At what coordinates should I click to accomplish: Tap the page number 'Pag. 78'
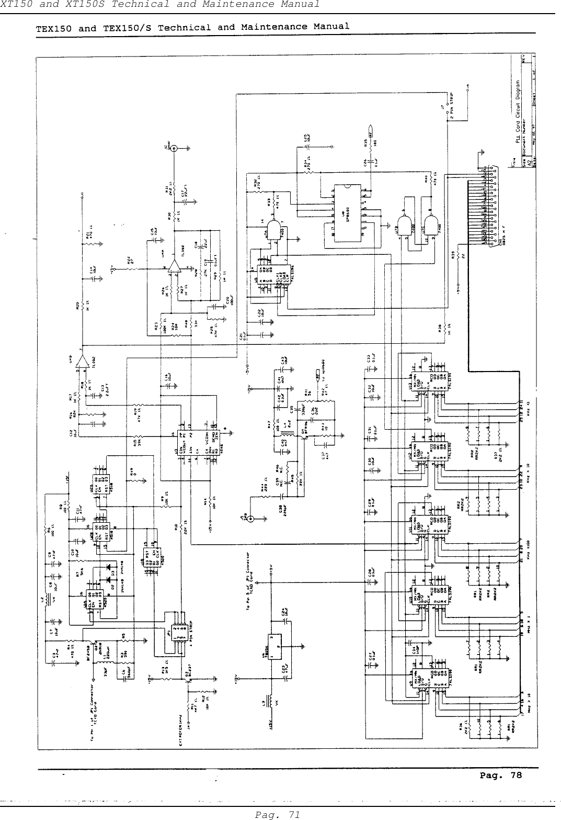click(500, 775)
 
